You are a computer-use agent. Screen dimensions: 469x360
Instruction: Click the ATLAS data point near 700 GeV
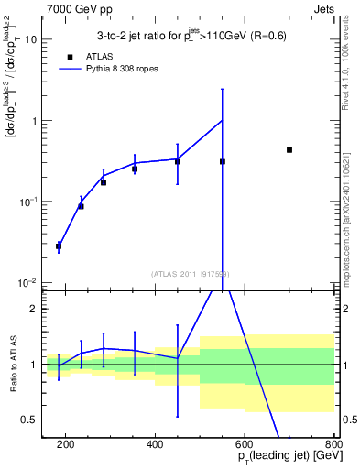(x=289, y=150)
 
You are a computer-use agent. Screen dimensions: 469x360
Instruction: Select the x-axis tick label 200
(x=66, y=444)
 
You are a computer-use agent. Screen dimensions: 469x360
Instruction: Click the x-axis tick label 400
(x=155, y=444)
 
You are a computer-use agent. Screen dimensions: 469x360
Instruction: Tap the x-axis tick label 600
(x=245, y=444)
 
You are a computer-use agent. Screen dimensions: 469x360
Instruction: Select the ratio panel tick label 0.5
(x=30, y=420)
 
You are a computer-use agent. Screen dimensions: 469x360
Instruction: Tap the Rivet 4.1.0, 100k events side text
(x=351, y=64)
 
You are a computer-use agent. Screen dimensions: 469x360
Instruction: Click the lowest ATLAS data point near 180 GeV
(x=59, y=246)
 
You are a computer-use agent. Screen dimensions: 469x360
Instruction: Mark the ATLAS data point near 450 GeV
(x=178, y=162)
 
